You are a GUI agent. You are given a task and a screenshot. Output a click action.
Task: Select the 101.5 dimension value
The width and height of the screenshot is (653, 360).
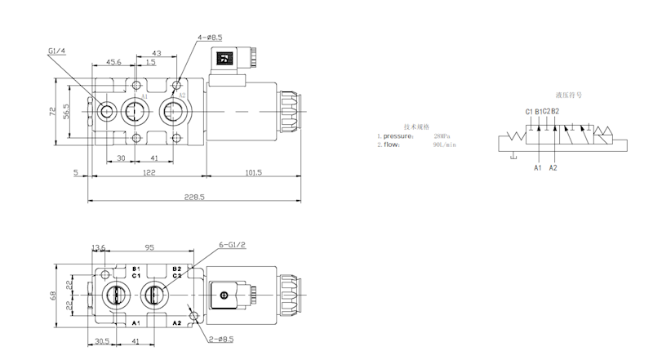252,172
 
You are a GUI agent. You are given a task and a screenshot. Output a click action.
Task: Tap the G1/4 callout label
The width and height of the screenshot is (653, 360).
57,51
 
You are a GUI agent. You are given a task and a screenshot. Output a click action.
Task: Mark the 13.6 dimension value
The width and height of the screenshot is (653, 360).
99,247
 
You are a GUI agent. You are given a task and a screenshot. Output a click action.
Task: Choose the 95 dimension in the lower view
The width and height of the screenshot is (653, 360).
150,247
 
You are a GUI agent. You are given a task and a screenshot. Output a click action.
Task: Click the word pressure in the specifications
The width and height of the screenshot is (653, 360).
401,136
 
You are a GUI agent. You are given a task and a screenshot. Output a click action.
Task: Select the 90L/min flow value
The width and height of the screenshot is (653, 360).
446,144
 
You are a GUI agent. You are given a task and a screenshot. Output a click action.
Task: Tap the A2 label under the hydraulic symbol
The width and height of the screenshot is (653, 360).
553,167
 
